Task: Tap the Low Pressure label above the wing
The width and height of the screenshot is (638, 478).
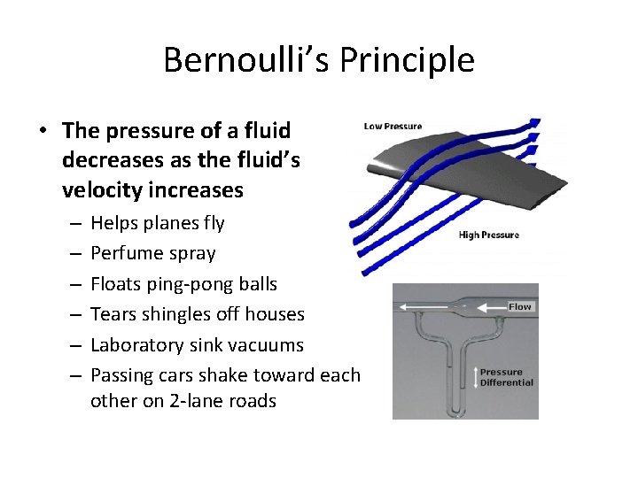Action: pyautogui.click(x=393, y=127)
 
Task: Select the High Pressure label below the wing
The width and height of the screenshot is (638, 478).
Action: pyautogui.click(x=488, y=235)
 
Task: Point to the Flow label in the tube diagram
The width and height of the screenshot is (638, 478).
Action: pyautogui.click(x=519, y=306)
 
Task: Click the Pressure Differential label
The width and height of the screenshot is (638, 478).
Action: pyautogui.click(x=507, y=377)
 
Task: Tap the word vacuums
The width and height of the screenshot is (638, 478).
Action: pyautogui.click(x=270, y=344)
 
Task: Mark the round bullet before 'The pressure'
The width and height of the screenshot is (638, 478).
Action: pyautogui.click(x=43, y=131)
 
